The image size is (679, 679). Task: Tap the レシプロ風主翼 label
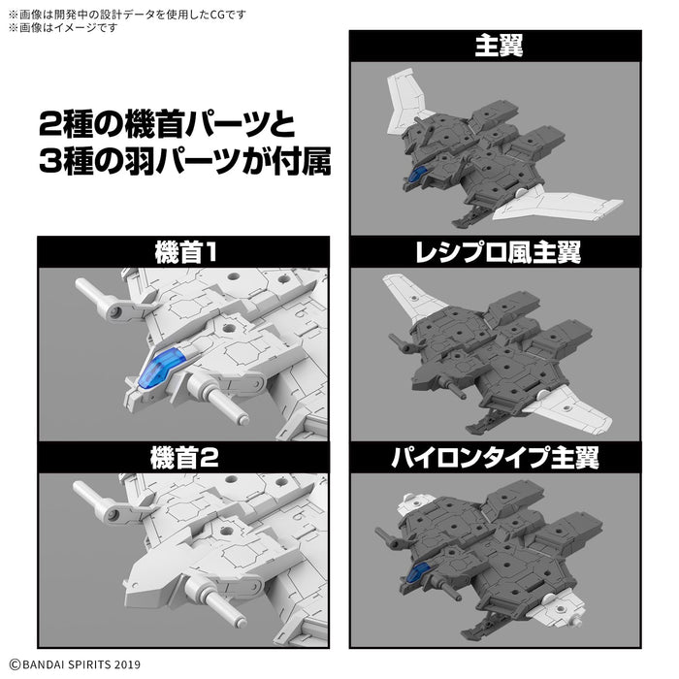[x=495, y=253]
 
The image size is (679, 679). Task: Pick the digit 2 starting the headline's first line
[x=50, y=126]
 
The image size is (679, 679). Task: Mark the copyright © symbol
[x=14, y=663]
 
